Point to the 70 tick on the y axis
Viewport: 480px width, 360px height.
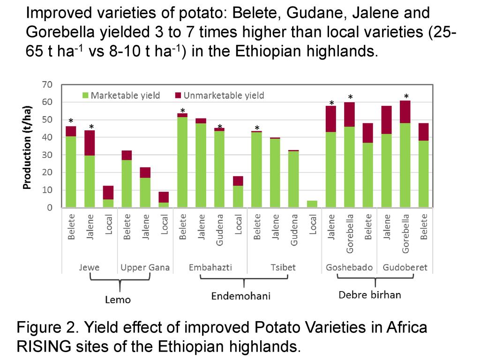47,85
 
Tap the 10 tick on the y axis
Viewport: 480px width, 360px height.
47,190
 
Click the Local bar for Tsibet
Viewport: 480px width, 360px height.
312,204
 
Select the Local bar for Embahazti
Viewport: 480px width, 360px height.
238,192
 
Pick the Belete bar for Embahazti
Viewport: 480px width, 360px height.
182,162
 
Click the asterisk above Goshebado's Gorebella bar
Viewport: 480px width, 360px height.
350,97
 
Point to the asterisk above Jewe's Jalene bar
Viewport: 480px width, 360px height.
91,127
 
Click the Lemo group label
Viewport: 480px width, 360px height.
118,300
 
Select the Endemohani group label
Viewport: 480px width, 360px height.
240,296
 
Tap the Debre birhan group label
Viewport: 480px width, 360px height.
370,295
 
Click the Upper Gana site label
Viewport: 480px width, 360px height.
145,268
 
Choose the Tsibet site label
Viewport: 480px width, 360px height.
283,268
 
